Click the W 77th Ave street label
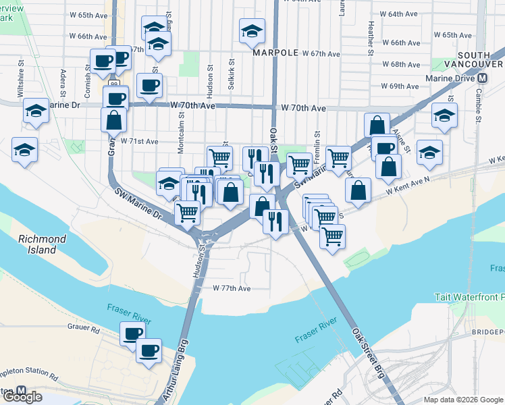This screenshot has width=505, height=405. click(232, 288)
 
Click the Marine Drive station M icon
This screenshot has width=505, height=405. click(482, 78)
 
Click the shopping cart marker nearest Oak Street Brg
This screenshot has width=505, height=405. click(331, 237)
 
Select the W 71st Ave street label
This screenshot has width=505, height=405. click(139, 142)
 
